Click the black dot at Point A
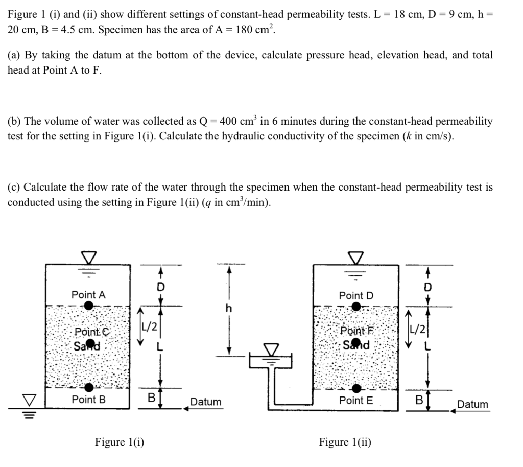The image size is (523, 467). [89, 306]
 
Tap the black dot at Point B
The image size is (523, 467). [89, 387]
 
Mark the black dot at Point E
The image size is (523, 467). [356, 389]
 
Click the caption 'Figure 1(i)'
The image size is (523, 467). [120, 442]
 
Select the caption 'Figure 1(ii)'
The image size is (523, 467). [345, 442]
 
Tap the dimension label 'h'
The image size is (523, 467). [229, 308]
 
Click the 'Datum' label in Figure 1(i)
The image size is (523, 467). [206, 402]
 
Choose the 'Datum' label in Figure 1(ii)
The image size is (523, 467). [472, 404]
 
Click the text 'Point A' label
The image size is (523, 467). [88, 294]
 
